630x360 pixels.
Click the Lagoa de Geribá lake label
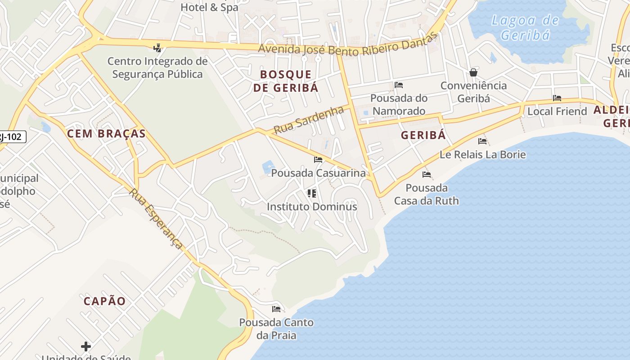click(x=525, y=27)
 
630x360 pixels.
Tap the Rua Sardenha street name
click(x=309, y=120)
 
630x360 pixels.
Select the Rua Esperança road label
click(x=156, y=219)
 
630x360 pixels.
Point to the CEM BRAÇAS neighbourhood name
click(x=106, y=133)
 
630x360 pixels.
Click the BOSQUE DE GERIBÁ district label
click(x=285, y=81)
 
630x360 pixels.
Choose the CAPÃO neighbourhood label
click(x=104, y=301)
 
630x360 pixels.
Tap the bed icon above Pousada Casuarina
click(x=318, y=160)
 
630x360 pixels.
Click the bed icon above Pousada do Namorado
click(x=398, y=85)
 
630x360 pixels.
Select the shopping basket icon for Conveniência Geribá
click(x=473, y=72)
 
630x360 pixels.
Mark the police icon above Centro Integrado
click(x=157, y=47)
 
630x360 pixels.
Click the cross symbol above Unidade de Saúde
click(x=86, y=346)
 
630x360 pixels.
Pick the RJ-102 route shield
click(x=12, y=137)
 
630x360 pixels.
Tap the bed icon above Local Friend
click(x=557, y=98)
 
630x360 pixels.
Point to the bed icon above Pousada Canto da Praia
click(x=276, y=309)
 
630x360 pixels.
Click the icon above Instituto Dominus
click(x=311, y=193)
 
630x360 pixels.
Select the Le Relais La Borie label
click(x=482, y=155)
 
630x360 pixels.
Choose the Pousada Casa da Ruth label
click(x=426, y=194)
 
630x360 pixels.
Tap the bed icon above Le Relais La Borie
click(x=482, y=141)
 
